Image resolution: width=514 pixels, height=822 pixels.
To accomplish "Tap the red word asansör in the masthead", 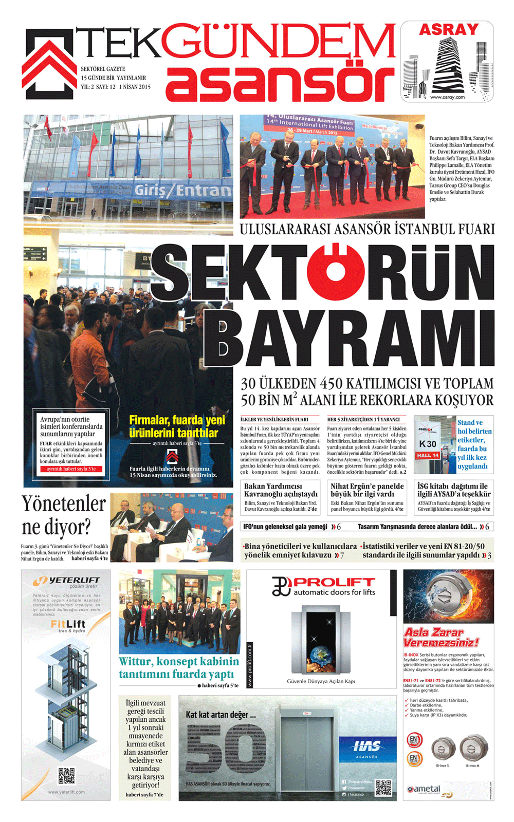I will [280, 83].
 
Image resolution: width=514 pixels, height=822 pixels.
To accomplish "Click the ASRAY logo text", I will [448, 29].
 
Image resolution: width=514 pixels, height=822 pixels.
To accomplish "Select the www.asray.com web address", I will [447, 97].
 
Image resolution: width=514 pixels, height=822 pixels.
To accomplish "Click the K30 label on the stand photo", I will [428, 443].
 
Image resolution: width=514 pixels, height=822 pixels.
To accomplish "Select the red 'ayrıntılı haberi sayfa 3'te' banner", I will [71, 469].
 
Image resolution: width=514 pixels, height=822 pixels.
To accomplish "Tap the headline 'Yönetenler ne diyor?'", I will [63, 515].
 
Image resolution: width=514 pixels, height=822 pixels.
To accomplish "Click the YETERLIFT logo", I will [66, 581].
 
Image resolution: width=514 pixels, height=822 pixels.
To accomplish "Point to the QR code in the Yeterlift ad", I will [66, 776].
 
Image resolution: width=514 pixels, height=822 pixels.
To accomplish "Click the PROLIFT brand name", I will [334, 582].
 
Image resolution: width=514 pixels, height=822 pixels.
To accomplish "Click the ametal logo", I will [424, 789].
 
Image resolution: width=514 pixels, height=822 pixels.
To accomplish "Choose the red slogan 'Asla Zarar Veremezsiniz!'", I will [441, 637].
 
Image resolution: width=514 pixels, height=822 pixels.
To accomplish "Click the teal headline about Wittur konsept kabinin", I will [178, 667].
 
